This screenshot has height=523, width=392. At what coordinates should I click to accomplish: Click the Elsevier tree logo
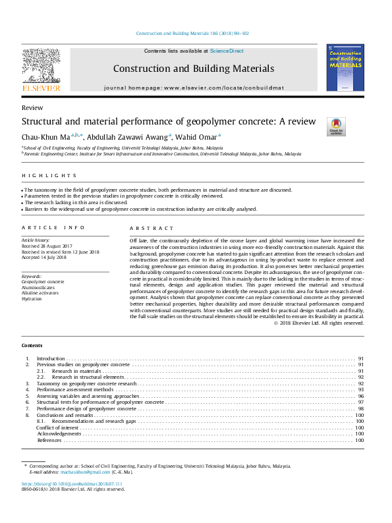(x=41, y=65)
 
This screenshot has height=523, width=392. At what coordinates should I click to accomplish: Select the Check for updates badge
(x=337, y=126)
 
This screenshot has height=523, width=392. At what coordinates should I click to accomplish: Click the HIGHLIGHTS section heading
(x=49, y=176)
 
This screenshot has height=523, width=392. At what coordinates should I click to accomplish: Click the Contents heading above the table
(x=32, y=345)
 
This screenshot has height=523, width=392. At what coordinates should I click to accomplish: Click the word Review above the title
(x=32, y=108)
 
